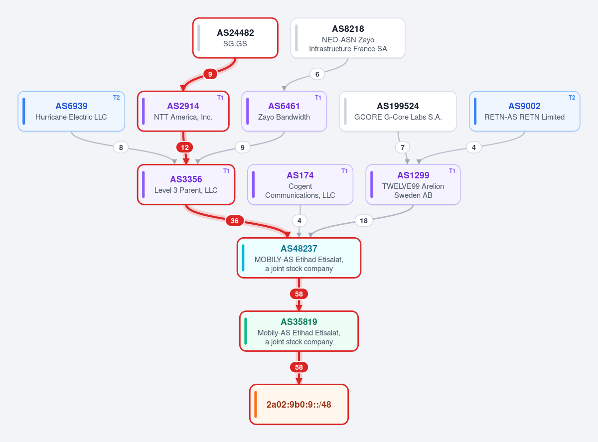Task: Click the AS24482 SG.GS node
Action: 235,38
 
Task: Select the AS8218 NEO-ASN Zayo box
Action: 348,38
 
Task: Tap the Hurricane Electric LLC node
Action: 71,112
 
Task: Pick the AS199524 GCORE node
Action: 398,112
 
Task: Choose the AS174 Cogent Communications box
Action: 300,185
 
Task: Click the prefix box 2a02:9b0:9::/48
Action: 299,405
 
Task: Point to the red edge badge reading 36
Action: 235,221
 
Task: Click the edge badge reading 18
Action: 364,221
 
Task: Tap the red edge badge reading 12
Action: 185,147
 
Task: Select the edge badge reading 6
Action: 317,74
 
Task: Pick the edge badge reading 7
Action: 403,147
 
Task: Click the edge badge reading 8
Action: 121,147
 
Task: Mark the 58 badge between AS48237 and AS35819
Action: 299,294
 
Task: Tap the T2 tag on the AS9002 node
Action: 572,98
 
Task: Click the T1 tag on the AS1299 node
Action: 452,171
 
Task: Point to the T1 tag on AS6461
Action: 318,98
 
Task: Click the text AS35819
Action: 299,322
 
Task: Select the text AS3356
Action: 186,179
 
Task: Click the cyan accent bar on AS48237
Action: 243,258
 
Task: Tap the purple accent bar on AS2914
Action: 144,112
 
